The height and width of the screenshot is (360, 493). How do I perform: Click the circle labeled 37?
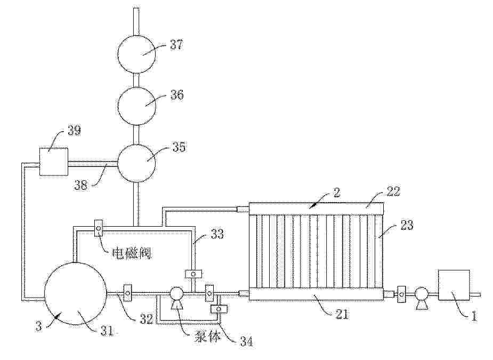[136, 54]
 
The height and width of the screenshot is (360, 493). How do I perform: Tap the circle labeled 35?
[136, 163]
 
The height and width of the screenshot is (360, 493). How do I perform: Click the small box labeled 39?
[53, 162]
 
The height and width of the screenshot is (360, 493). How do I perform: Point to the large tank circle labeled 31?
[75, 294]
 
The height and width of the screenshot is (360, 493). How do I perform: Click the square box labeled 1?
[454, 285]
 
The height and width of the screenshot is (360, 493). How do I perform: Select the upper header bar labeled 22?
[316, 209]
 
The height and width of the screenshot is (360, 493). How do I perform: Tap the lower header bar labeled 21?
[316, 294]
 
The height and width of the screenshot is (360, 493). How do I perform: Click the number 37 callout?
[176, 44]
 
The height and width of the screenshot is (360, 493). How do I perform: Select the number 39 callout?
[74, 130]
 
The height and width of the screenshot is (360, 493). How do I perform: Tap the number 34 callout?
[246, 341]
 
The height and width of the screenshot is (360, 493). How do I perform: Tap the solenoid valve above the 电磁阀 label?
[99, 227]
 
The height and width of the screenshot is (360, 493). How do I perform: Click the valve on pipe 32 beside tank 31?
[128, 293]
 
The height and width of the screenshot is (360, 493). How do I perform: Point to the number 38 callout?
[81, 185]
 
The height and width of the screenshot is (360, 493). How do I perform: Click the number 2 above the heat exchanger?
[337, 193]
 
